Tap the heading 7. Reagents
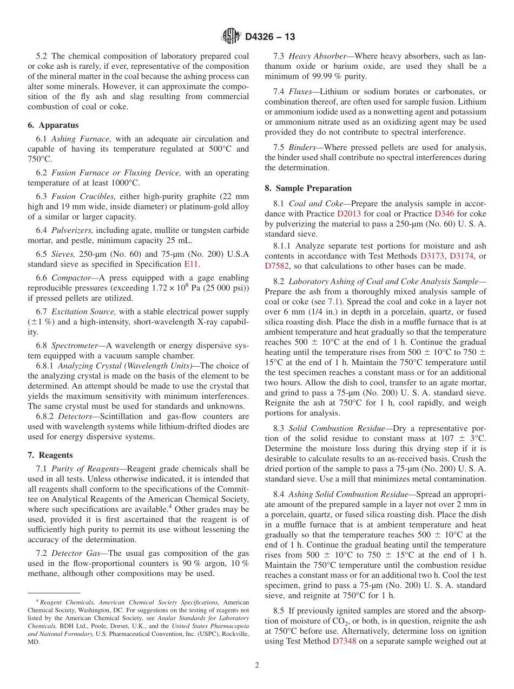(x=50, y=455)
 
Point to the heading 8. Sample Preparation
(x=308, y=188)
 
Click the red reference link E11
(x=191, y=264)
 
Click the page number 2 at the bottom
(x=257, y=666)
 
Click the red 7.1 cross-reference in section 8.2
(x=334, y=301)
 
